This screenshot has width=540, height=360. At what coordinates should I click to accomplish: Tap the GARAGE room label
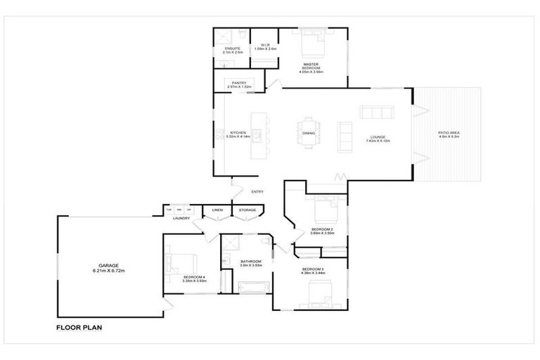tap(108, 265)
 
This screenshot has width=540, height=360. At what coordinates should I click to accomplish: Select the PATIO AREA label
tap(449, 133)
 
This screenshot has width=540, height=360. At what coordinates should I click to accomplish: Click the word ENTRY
tap(257, 192)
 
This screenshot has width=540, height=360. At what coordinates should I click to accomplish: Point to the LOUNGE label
tap(378, 137)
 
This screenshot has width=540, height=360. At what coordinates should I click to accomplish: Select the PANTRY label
tap(239, 83)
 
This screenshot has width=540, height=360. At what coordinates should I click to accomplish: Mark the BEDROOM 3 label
tap(313, 269)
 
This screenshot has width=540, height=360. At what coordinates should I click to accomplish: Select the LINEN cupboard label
tap(217, 210)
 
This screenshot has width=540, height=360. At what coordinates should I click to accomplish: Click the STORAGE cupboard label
tap(247, 210)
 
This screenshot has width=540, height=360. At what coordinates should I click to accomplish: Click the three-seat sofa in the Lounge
tap(377, 112)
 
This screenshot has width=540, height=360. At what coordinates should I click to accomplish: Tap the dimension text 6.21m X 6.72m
tap(108, 271)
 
